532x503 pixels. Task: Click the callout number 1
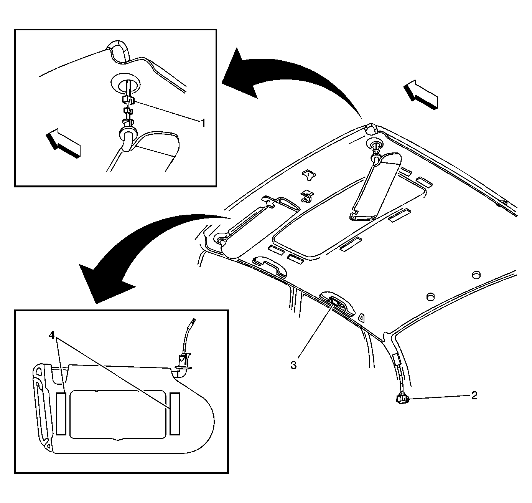tap(203, 123)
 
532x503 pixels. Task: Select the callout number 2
tap(474, 395)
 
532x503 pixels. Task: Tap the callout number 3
tap(293, 365)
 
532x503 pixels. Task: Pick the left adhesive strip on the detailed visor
tap(61, 414)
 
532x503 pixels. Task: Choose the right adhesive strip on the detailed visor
tap(175, 414)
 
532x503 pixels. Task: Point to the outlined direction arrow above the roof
tap(421, 94)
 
